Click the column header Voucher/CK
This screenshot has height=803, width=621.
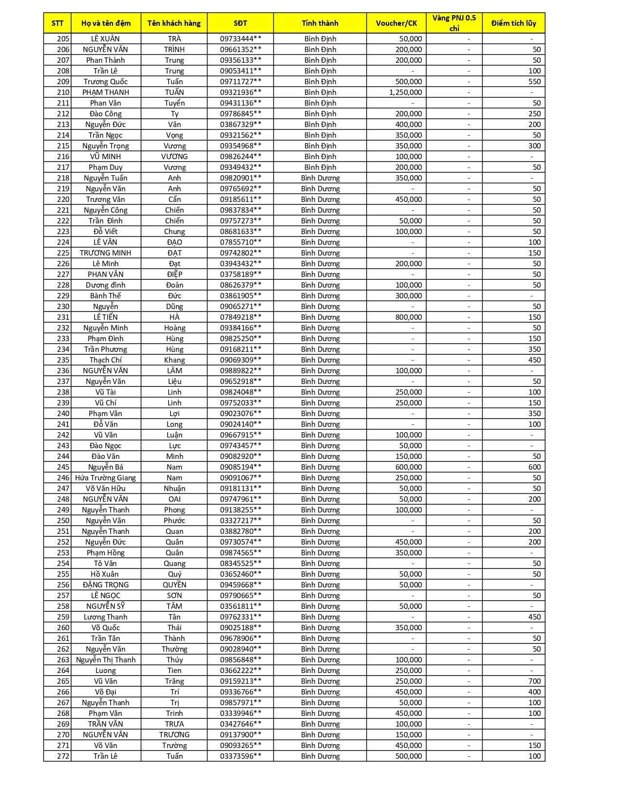tap(396, 23)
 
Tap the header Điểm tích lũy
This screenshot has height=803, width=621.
tap(513, 23)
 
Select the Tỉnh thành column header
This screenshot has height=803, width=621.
tap(320, 23)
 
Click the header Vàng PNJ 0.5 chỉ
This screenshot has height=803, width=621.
tap(454, 23)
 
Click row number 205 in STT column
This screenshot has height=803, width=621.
tap(63, 38)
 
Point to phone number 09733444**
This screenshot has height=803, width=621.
tap(240, 38)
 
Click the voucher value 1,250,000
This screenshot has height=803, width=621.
tap(405, 92)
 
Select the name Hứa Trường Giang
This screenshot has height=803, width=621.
tap(105, 477)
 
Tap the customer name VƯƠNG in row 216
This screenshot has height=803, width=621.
tap(174, 156)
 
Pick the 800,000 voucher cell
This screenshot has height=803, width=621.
tap(409, 317)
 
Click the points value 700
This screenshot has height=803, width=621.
tap(534, 681)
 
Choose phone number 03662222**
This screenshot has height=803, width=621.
tap(240, 670)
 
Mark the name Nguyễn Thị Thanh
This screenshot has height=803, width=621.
tap(106, 659)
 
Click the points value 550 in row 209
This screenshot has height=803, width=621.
tap(534, 81)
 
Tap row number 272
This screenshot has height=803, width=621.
tap(63, 756)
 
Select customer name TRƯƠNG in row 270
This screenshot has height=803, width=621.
tap(174, 734)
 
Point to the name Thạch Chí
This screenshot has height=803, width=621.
tap(106, 360)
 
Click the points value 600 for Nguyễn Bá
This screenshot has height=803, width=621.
tap(534, 467)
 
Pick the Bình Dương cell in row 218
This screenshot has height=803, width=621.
tap(320, 178)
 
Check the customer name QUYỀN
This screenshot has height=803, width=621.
tap(174, 584)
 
